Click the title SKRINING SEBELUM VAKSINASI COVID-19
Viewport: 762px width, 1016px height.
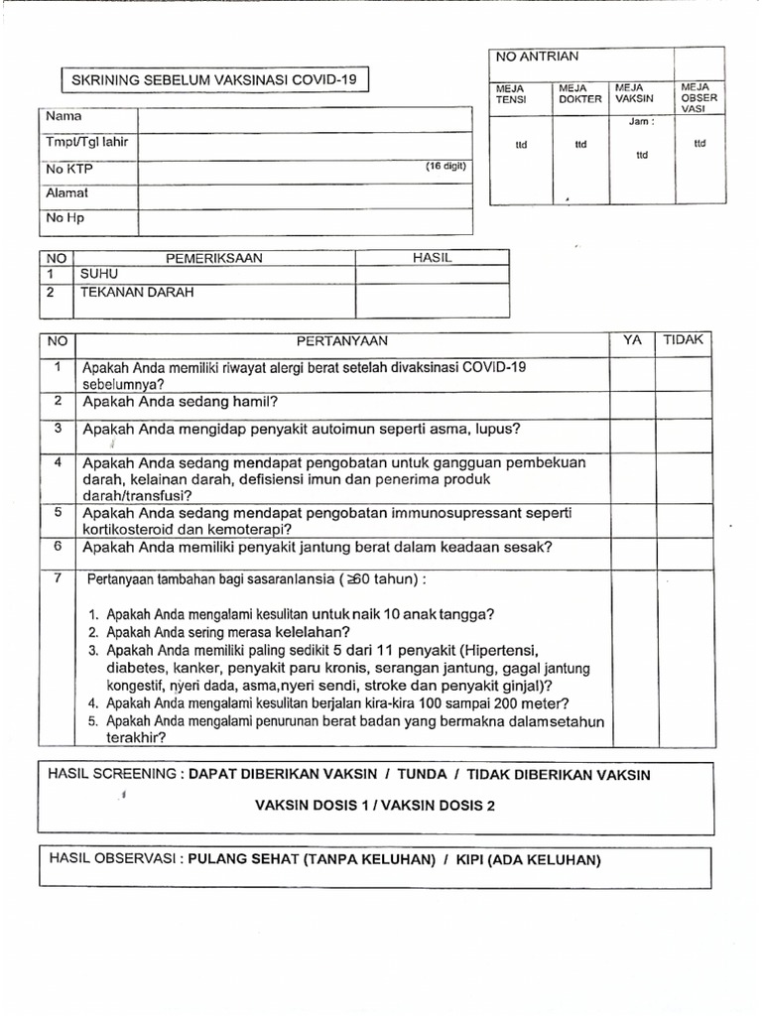click(215, 79)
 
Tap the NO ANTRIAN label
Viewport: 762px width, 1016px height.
click(537, 58)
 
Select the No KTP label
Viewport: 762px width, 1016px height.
click(68, 170)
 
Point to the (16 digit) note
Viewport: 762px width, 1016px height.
click(444, 166)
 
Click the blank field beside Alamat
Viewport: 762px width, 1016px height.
click(305, 194)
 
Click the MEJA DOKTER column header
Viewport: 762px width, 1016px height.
click(580, 94)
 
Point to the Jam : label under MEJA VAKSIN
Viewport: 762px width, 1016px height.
click(641, 122)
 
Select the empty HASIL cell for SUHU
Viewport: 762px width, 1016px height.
click(432, 275)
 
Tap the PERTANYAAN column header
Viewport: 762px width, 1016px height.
click(341, 341)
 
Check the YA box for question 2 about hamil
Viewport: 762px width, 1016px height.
click(631, 404)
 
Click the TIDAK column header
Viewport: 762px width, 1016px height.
click(682, 340)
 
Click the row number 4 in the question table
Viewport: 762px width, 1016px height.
click(59, 463)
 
